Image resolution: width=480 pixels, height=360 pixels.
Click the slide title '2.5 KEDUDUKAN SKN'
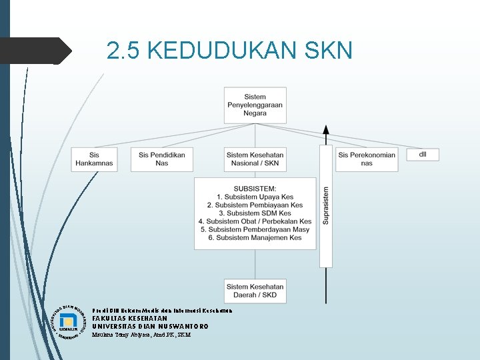click(x=229, y=50)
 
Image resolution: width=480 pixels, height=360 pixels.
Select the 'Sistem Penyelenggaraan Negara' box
click(x=255, y=105)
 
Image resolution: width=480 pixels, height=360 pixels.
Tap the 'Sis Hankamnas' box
click(x=94, y=159)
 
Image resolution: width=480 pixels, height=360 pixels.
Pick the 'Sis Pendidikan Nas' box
click(x=162, y=159)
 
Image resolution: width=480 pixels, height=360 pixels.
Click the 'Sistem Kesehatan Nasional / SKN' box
click(x=255, y=159)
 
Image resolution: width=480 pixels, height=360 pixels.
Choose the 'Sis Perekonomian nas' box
click(x=367, y=159)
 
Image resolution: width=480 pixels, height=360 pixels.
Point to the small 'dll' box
click(x=423, y=154)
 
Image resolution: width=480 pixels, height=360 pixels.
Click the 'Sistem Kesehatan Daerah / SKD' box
click(x=255, y=291)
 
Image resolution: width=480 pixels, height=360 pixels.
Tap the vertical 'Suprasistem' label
click(x=326, y=205)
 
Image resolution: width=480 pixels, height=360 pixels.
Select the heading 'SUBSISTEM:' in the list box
click(x=255, y=189)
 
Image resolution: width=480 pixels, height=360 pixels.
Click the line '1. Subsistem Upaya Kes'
click(x=255, y=197)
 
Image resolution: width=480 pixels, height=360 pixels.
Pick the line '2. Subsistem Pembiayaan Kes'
click(x=255, y=205)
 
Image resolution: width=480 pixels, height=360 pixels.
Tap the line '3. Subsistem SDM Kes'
click(x=255, y=213)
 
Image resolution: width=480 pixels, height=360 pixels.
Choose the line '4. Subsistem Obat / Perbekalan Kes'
click(x=255, y=221)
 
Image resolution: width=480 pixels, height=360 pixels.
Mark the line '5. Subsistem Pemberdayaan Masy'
click(x=255, y=229)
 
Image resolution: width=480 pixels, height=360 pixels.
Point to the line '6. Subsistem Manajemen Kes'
click(x=255, y=237)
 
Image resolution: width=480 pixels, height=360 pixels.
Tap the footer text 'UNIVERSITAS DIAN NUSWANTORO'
click(x=150, y=327)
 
